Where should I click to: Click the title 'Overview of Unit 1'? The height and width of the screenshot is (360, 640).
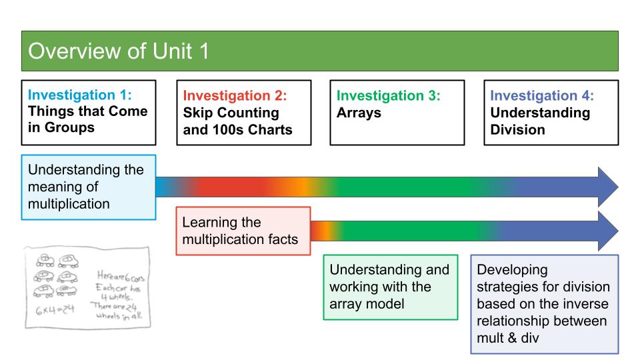tap(119, 51)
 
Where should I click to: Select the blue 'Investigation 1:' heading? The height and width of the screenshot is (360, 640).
tap(80, 95)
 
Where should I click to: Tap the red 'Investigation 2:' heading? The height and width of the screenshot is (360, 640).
tap(235, 95)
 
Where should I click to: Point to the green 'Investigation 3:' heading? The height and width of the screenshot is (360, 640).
tap(388, 95)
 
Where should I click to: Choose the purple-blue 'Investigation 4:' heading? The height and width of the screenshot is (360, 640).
tap(542, 95)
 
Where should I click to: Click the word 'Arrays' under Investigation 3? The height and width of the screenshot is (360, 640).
tap(359, 113)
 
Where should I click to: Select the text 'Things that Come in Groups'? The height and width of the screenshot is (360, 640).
tap(88, 119)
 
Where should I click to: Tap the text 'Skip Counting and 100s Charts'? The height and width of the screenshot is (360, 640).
tap(237, 121)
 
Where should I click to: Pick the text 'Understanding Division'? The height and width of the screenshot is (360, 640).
tap(540, 121)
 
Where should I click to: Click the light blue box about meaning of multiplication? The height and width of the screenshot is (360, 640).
tap(89, 187)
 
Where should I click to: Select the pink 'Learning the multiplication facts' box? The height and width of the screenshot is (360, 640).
tap(243, 231)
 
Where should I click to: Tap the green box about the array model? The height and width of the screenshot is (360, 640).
tap(391, 287)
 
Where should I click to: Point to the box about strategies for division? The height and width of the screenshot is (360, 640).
tap(545, 304)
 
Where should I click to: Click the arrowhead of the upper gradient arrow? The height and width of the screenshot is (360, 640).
tap(608, 187)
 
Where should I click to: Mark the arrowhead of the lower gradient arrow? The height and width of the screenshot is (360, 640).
tap(608, 231)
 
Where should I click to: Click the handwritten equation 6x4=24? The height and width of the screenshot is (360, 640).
tap(55, 310)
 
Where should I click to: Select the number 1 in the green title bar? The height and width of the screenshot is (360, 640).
tap(204, 51)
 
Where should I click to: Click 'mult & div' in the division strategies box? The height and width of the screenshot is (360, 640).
tap(508, 338)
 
